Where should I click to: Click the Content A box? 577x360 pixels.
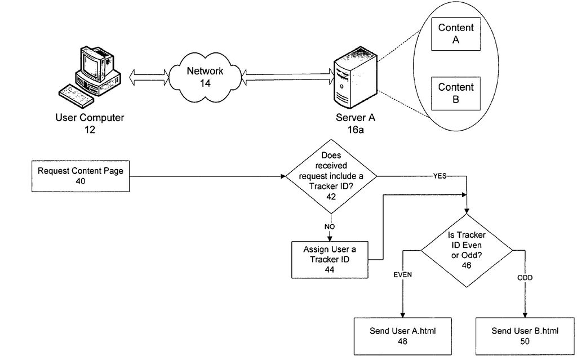[455, 34]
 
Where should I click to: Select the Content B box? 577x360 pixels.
[455, 94]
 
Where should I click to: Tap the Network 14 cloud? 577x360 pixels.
[205, 77]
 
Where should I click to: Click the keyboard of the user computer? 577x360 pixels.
[76, 96]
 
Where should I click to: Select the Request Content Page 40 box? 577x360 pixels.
[81, 176]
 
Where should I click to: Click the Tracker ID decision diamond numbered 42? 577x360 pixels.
[331, 176]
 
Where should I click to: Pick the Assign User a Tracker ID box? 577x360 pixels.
[330, 260]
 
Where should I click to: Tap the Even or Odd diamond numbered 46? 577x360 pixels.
[467, 250]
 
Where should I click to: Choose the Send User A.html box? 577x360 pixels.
[402, 336]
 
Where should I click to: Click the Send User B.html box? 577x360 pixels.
[525, 336]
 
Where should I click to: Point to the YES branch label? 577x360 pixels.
[440, 176]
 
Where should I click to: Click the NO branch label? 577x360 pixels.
[330, 226]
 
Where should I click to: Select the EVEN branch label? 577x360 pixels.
[402, 275]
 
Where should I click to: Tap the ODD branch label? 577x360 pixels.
[525, 278]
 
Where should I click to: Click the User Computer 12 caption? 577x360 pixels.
[90, 123]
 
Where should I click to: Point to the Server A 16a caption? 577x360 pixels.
[356, 123]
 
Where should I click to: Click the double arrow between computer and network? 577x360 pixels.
[149, 77]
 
